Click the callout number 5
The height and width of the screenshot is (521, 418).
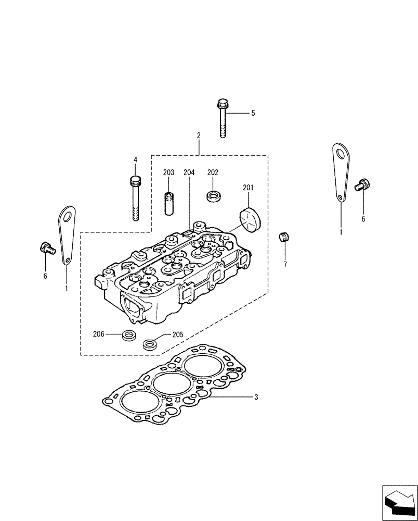(x=253, y=113)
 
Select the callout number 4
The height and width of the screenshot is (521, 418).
(x=135, y=160)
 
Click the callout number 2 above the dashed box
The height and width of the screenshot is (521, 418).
(x=199, y=135)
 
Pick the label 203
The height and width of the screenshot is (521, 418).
(x=168, y=172)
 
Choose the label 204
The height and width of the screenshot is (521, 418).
(x=189, y=172)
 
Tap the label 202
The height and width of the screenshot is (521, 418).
(x=213, y=172)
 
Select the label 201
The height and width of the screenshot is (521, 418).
(x=247, y=188)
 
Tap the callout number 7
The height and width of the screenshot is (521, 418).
(x=285, y=265)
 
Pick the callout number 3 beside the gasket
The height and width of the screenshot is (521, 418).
(x=256, y=397)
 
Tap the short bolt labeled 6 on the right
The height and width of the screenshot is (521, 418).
(x=362, y=185)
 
